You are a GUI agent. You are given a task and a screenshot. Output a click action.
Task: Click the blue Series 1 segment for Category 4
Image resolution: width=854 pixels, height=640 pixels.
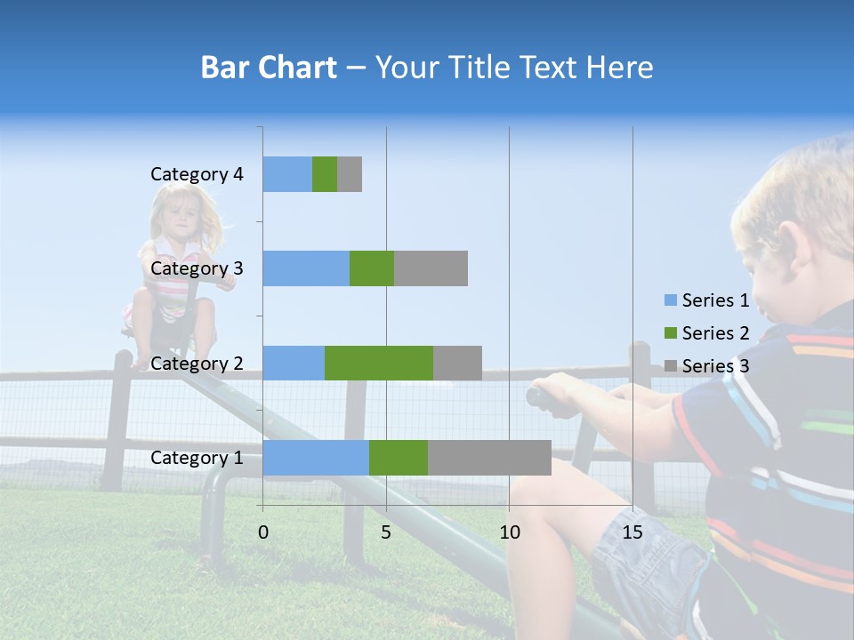coord(287,174)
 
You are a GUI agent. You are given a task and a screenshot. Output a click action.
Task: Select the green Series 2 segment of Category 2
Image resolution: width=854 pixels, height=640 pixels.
coord(379,363)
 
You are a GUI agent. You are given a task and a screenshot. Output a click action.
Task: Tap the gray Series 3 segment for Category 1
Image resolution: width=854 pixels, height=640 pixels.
coord(489,458)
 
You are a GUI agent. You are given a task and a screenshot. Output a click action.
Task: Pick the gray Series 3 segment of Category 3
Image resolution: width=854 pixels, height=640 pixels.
coord(431,268)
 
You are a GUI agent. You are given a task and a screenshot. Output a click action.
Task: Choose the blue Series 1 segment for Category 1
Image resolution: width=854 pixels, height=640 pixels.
coord(316,458)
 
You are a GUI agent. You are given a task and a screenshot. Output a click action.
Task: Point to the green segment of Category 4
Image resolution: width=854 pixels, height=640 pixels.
coord(325,174)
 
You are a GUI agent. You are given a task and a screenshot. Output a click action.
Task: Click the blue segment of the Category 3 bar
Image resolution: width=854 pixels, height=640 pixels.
coord(306,268)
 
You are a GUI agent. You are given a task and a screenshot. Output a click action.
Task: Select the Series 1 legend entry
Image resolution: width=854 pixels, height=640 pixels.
coord(707,300)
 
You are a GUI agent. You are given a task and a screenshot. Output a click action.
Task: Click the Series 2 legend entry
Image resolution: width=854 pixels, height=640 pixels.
coord(707,333)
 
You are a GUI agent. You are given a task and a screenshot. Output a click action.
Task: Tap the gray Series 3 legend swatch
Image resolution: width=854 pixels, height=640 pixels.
coord(671,366)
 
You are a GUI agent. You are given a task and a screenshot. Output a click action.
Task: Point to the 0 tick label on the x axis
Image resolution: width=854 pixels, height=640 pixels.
coord(263,532)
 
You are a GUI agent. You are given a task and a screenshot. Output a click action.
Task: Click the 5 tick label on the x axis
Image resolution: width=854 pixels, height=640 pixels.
coord(386,532)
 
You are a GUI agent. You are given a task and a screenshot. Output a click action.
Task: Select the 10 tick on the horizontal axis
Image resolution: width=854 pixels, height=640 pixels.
coord(509,532)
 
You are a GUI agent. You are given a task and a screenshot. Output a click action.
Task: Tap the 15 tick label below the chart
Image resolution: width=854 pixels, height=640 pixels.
coord(632,532)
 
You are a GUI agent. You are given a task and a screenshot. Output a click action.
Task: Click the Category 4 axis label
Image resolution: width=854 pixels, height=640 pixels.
coord(197,174)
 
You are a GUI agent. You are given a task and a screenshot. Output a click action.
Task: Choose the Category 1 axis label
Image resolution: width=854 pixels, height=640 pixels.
coord(197,458)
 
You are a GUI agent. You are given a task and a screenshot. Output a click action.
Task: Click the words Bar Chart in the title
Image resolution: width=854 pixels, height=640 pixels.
coord(269,68)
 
